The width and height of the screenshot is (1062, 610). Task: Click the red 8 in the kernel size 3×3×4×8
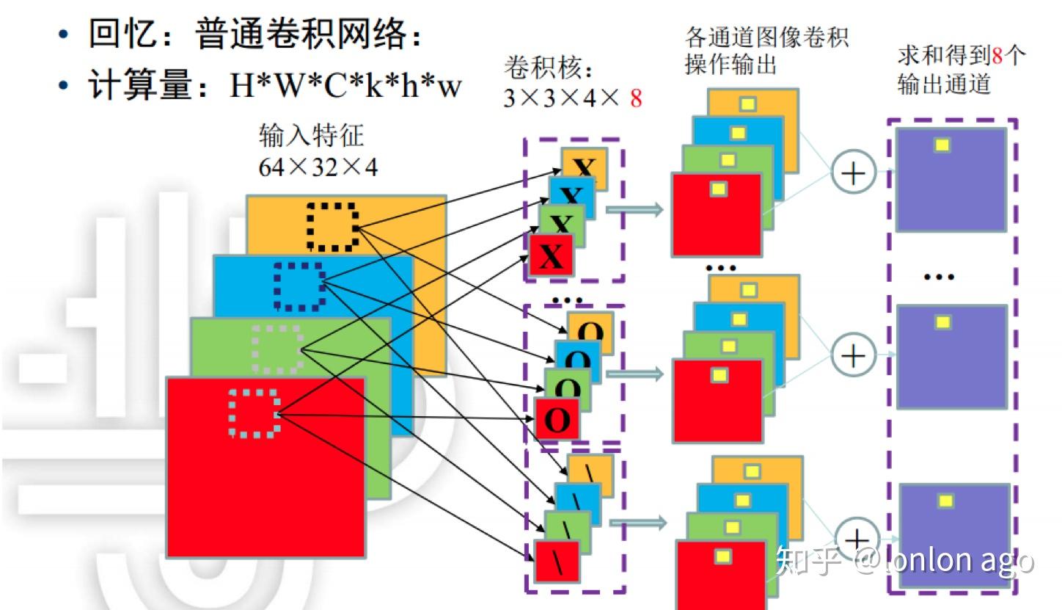point(635,98)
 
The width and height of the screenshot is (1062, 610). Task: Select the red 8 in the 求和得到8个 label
point(996,56)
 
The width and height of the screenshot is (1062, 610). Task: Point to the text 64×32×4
point(318,167)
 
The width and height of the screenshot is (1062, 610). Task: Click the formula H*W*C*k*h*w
point(345,87)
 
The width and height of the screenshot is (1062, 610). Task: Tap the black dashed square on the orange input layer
point(332,225)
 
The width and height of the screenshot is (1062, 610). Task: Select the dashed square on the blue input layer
point(299,286)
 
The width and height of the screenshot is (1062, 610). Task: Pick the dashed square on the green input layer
point(277,349)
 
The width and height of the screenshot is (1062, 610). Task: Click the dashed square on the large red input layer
point(254,413)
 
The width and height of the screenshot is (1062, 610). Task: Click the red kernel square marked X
point(551,255)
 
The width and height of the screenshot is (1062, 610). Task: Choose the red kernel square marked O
point(557,420)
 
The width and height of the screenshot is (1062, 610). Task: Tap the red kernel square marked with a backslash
point(557,562)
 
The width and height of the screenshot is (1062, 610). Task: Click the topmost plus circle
point(853,173)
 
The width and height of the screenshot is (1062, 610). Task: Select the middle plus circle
point(853,355)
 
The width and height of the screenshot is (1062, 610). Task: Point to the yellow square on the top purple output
point(942,145)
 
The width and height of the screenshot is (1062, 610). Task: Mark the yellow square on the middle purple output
point(942,322)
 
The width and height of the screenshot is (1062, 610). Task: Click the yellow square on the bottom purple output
point(946,501)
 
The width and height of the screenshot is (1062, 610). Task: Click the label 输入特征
point(311,136)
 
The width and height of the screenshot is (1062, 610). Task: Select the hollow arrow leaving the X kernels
point(635,210)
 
